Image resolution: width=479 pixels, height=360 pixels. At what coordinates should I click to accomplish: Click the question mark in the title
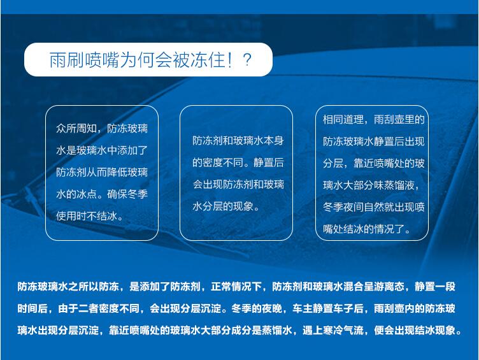pos(247,60)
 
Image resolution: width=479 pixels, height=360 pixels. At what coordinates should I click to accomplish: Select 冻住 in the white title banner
pos(208,60)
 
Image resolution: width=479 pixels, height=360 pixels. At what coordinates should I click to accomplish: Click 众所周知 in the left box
pos(76,129)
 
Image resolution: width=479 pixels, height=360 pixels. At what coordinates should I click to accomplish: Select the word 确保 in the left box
pos(117,194)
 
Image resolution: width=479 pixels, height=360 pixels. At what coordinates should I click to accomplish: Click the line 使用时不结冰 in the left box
pos(87,217)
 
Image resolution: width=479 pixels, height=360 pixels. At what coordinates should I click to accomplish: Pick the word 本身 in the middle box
pos(274,141)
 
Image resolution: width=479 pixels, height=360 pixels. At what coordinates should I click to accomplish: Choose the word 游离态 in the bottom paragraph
pos(389,287)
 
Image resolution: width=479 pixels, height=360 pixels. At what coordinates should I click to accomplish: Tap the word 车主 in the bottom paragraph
pos(303,308)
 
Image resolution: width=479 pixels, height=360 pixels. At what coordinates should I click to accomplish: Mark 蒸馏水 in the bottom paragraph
pos(277,330)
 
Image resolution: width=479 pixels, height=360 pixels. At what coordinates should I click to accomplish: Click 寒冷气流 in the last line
pos(343,330)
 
